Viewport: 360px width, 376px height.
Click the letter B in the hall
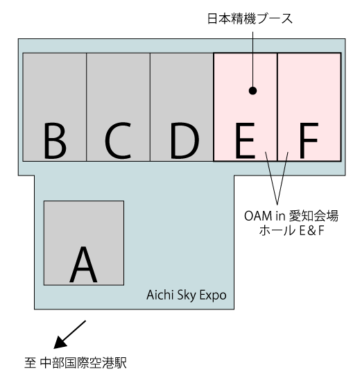(x=55, y=141)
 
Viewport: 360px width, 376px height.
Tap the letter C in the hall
(x=118, y=141)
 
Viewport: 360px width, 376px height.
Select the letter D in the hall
(x=185, y=141)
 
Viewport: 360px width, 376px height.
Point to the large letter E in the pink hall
(x=245, y=141)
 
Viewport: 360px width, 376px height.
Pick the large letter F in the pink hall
(x=309, y=141)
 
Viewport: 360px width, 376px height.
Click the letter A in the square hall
(x=83, y=264)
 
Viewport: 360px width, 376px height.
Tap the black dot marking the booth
(x=252, y=91)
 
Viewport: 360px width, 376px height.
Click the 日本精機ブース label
(x=250, y=19)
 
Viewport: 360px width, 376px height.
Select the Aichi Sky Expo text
(x=187, y=296)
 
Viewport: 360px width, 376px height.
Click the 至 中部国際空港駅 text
(x=76, y=363)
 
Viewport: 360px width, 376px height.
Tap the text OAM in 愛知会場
(x=291, y=216)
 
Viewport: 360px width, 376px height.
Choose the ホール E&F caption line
(x=291, y=230)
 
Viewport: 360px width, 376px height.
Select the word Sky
(x=187, y=296)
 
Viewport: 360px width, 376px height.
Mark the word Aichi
(x=160, y=295)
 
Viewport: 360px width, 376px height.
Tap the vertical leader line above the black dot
(x=252, y=59)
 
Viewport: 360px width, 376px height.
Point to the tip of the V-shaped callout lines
(x=277, y=205)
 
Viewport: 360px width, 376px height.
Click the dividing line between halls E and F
(x=277, y=107)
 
